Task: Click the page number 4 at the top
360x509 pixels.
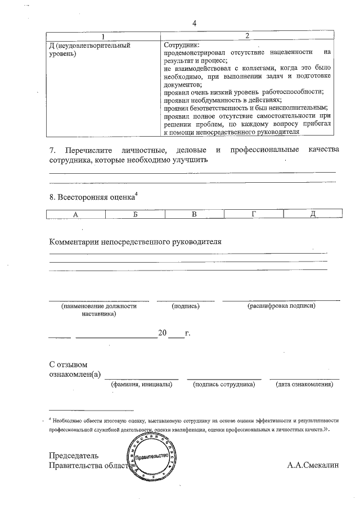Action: coord(195,24)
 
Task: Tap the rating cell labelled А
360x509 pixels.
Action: coord(75,214)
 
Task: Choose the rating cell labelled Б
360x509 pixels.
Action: coord(135,214)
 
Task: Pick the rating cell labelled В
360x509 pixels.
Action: coord(194,214)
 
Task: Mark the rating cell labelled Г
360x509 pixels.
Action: coord(254,214)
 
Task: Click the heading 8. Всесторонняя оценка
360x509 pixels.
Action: coord(92,197)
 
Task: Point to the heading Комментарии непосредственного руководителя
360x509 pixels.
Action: coord(136,242)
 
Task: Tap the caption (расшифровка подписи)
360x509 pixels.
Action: coord(281,306)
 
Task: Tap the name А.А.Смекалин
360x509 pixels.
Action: coord(313,465)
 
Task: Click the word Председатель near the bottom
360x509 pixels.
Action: coord(74,455)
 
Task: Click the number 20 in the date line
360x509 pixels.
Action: coord(163,333)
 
